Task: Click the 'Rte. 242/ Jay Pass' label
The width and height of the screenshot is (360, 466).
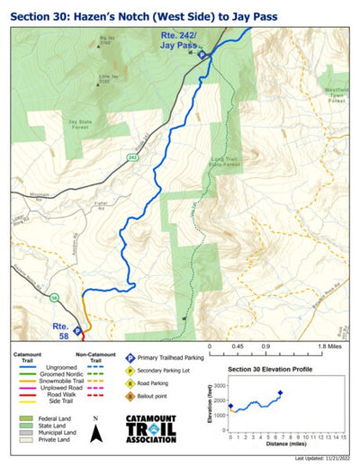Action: coord(175,40)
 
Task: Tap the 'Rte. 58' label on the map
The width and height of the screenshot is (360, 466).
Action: coord(60,330)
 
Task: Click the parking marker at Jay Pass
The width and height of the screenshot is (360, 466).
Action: coord(202,55)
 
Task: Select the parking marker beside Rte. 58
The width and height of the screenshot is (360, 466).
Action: coord(77,330)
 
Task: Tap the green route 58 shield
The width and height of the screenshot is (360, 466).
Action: coord(55,298)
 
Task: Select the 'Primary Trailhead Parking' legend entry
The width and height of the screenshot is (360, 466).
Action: coord(171,358)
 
